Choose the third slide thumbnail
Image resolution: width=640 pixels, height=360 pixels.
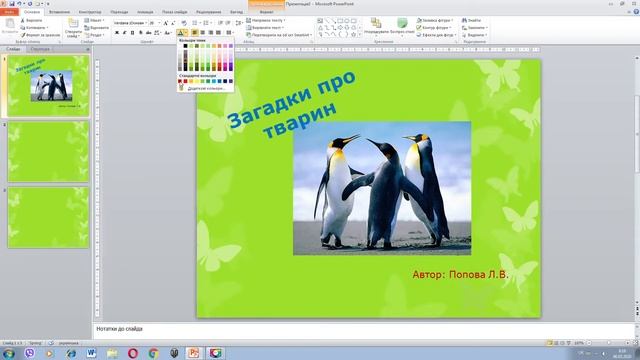pyautogui.click(x=49, y=216)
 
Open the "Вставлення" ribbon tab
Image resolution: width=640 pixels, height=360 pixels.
pyautogui.click(x=59, y=11)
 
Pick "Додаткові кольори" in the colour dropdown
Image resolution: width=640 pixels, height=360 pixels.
pyautogui.click(x=206, y=87)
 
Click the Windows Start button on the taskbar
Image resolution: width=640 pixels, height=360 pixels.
pyautogui.click(x=9, y=352)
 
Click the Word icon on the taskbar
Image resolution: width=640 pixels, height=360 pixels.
pyautogui.click(x=91, y=352)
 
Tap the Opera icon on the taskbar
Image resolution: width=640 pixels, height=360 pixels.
pyautogui.click(x=133, y=352)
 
